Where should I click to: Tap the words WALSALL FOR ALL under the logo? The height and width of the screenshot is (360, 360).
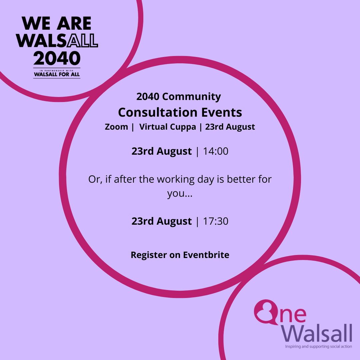pos(57,75)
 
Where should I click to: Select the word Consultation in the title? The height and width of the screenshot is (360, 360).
pos(154,113)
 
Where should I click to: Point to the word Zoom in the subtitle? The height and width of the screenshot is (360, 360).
pos(116,127)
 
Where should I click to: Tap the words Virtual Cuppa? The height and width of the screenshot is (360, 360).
pos(168,127)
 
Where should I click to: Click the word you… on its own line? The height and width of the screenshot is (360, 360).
pos(180,194)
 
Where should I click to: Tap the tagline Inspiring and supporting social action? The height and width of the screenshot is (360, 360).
pos(318,347)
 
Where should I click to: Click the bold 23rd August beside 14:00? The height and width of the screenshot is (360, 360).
pos(162,151)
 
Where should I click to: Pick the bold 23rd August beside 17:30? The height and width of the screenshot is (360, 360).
pos(162,221)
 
